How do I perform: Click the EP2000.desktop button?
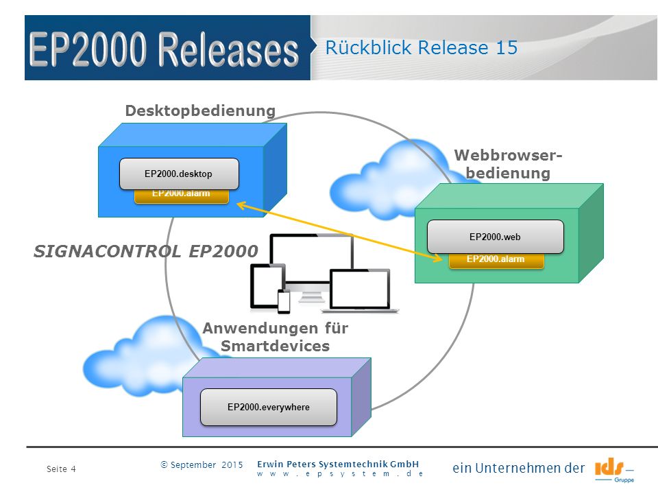179,174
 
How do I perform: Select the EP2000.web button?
495,237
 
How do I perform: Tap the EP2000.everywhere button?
269,407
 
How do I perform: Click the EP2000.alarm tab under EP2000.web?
496,260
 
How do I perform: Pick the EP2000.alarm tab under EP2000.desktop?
181,196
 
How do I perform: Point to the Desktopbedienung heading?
200,110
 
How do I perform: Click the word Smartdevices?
276,346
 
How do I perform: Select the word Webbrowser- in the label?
508,155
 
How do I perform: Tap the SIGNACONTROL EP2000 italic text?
145,251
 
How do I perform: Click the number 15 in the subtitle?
507,47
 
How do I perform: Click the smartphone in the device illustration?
284,302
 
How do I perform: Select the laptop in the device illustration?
360,291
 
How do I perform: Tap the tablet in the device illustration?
268,286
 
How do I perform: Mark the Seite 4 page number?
61,469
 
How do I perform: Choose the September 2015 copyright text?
202,465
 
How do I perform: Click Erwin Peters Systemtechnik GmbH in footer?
338,464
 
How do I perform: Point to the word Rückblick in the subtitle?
369,47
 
